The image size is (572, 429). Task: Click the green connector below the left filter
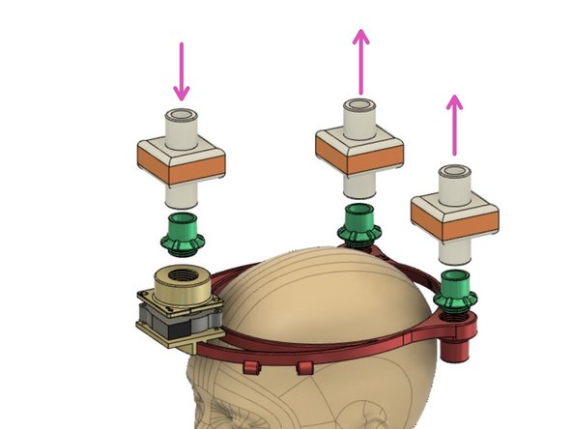[x=180, y=233]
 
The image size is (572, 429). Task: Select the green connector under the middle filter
[x=358, y=223]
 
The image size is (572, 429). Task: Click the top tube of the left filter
[x=181, y=127]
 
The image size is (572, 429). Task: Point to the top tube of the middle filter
[x=361, y=114]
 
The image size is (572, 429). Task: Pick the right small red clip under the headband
[x=305, y=367]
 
